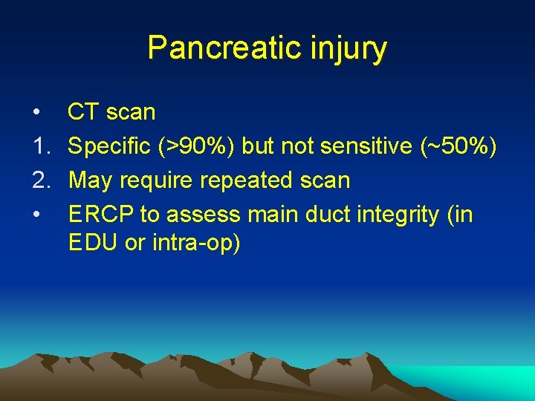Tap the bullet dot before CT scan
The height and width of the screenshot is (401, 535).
pyautogui.click(x=36, y=113)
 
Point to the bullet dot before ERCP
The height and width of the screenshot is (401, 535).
pyautogui.click(x=36, y=215)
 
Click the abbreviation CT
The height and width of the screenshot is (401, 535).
pyautogui.click(x=84, y=112)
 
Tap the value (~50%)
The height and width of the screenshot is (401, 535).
pyautogui.click(x=458, y=147)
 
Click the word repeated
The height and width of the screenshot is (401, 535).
pyautogui.click(x=255, y=180)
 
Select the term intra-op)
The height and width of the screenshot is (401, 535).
pyautogui.click(x=198, y=243)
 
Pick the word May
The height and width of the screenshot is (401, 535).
pyautogui.click(x=91, y=181)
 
